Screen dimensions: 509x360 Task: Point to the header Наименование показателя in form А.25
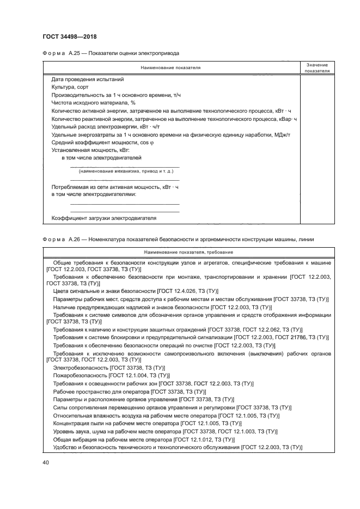[170, 68]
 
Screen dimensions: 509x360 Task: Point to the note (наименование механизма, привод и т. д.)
[126, 171]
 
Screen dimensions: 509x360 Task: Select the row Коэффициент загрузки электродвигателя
[103, 218]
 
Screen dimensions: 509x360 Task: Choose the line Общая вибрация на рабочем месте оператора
[144, 439]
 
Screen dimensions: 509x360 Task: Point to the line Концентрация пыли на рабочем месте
[147, 423]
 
